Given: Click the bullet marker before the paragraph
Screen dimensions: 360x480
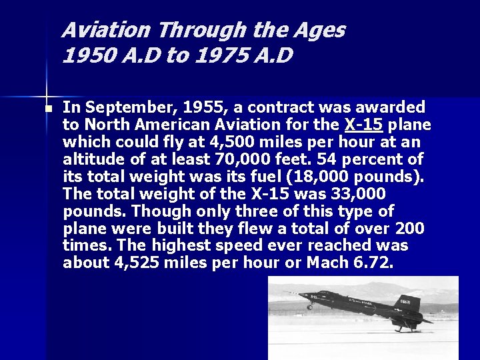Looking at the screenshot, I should tap(47, 108).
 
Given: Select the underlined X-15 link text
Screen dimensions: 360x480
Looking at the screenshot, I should tap(363, 125).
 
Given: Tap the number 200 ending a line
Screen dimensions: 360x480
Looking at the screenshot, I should tap(409, 229).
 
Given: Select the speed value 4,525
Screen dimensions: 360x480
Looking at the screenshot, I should tap(133, 263).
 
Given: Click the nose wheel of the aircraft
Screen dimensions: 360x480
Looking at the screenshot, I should tap(309, 307).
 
